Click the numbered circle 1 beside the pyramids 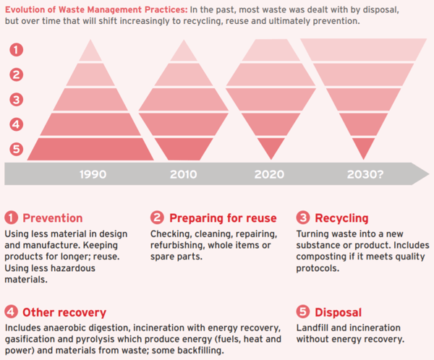click(x=16, y=50)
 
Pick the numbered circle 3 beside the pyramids click(x=16, y=99)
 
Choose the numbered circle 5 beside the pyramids click(x=16, y=150)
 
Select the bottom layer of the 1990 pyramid click(x=90, y=149)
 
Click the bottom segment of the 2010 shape click(x=184, y=149)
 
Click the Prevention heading click(x=52, y=218)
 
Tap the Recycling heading click(x=342, y=218)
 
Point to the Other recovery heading click(x=64, y=312)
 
